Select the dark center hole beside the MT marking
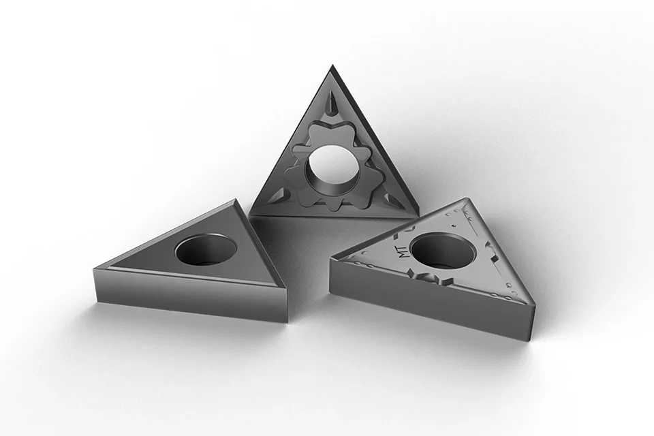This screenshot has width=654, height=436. pyautogui.click(x=443, y=251)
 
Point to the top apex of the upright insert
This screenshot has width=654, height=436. pyautogui.click(x=332, y=65)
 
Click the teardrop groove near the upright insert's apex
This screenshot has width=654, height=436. pyautogui.click(x=332, y=106)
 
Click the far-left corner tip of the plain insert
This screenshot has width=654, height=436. pyautogui.click(x=95, y=269)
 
